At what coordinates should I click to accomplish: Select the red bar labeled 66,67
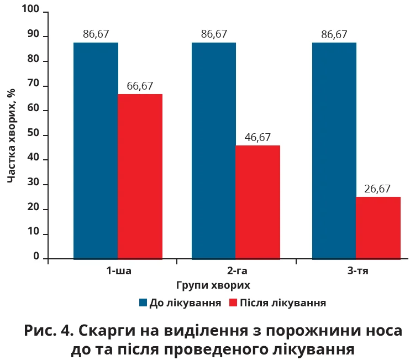(140, 176)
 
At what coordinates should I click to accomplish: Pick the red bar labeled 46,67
(257, 202)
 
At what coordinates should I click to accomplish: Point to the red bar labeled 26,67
(378, 227)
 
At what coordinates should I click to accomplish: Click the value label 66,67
(140, 86)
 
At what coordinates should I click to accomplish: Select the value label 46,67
(257, 138)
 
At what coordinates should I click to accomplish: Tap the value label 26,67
(378, 189)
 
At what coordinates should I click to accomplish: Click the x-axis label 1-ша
(119, 272)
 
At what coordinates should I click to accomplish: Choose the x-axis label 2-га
(236, 272)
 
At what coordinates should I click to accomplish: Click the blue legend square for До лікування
(143, 303)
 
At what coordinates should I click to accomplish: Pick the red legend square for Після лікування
(233, 303)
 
